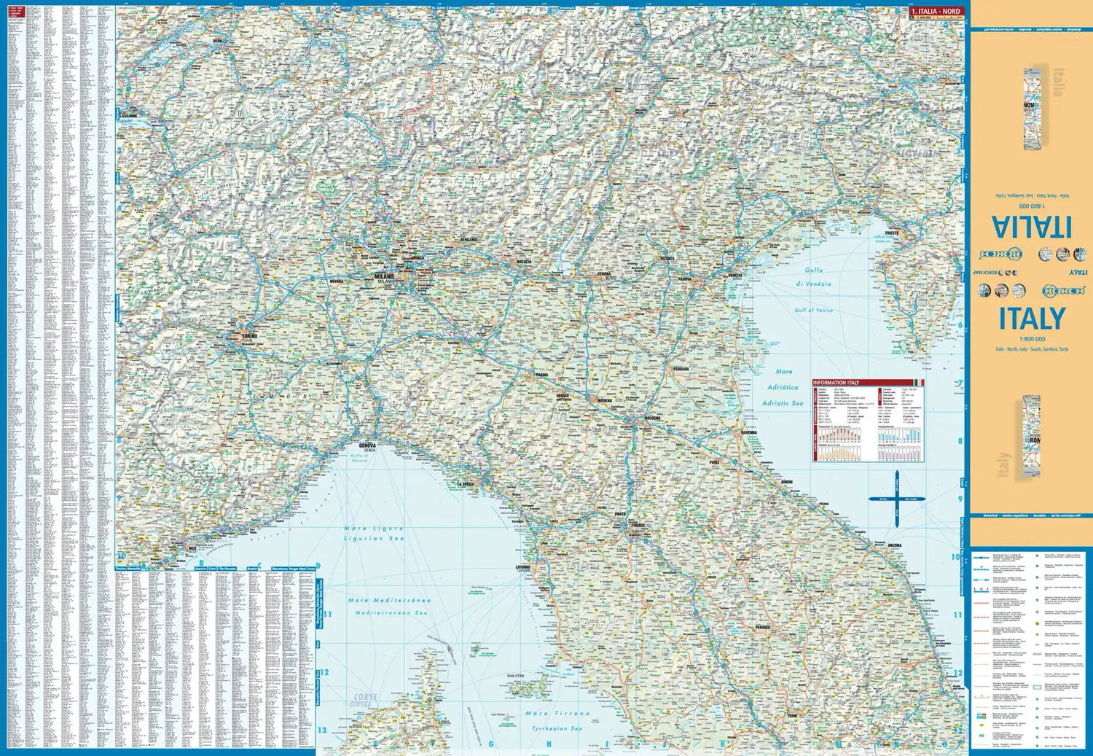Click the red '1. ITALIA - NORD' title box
tap(936, 11)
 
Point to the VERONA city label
tap(604, 274)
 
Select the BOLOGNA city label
tap(652, 418)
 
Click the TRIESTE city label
tap(891, 233)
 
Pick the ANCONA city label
tap(894, 545)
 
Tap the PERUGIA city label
tap(762, 627)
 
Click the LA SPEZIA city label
tap(466, 484)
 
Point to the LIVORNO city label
tap(523, 566)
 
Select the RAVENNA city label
tap(748, 433)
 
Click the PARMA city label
tap(541, 375)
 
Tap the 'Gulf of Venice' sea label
tap(813, 310)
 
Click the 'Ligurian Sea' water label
tap(373, 539)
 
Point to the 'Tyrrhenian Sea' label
tap(557, 728)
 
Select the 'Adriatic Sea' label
tap(783, 403)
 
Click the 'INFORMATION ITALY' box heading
tap(836, 382)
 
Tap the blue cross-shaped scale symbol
tap(896, 499)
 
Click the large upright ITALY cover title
tap(1031, 319)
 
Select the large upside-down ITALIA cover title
tap(1031, 227)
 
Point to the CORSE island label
tap(365, 697)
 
